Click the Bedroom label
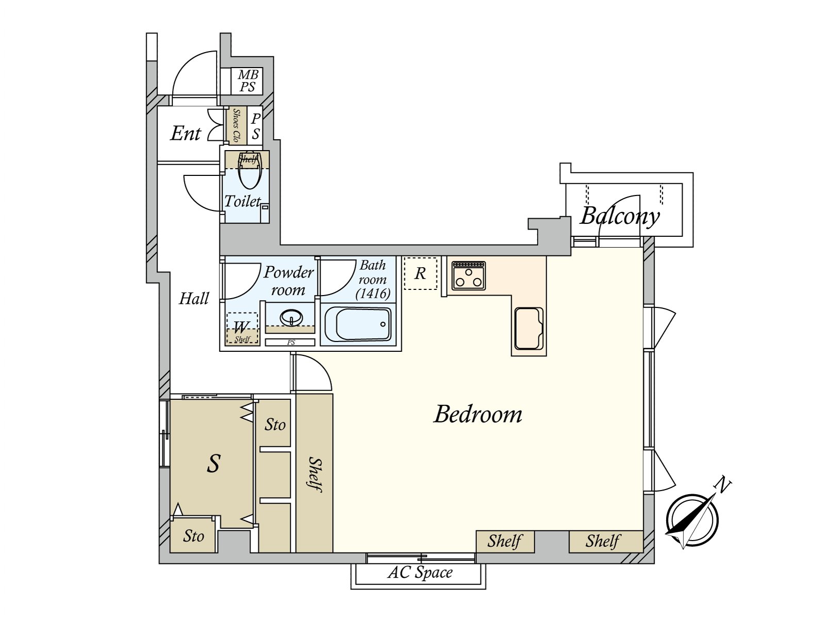click(x=477, y=414)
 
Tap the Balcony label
click(x=620, y=216)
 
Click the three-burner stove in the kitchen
click(x=469, y=276)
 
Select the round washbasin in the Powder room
click(x=291, y=317)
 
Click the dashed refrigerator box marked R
click(x=420, y=273)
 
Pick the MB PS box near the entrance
click(x=247, y=81)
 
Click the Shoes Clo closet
click(x=237, y=125)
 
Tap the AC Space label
click(x=420, y=573)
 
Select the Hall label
click(x=194, y=298)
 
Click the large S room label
click(x=213, y=463)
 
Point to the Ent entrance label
click(x=186, y=134)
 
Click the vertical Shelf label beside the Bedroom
click(x=315, y=474)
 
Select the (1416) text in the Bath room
click(x=373, y=294)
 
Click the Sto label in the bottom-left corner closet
click(x=193, y=536)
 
